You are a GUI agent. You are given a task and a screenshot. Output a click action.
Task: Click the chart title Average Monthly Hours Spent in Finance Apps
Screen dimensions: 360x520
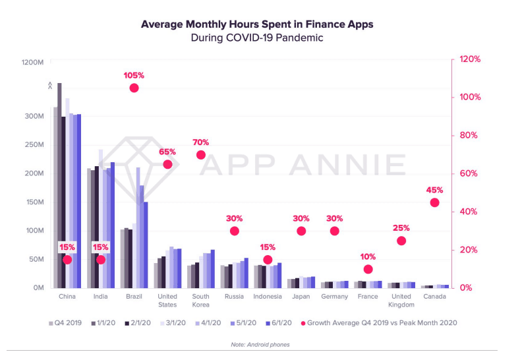click(257, 24)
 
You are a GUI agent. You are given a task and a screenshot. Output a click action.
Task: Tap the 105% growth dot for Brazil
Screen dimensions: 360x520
click(134, 88)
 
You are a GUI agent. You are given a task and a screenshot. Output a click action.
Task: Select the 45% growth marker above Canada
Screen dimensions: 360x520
click(434, 202)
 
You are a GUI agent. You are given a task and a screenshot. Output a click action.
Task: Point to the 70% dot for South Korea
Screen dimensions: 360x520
click(200, 155)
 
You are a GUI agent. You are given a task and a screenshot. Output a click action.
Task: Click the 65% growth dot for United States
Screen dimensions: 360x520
click(167, 164)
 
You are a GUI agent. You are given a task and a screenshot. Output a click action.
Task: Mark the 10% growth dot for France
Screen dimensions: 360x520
click(368, 269)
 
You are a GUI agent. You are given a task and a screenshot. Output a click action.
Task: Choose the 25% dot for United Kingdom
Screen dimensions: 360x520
click(401, 241)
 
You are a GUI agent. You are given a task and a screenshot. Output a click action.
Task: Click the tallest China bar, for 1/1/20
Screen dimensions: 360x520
click(60, 185)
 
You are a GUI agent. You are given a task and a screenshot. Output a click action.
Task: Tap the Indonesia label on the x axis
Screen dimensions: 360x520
click(267, 297)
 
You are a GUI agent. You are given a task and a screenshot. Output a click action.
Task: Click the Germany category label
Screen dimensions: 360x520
click(334, 297)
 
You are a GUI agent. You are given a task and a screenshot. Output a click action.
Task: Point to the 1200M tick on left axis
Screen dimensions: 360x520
click(32, 62)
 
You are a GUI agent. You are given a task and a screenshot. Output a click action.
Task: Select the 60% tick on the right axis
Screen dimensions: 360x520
click(469, 174)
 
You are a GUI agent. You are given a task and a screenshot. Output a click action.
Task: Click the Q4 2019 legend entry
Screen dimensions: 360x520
click(66, 323)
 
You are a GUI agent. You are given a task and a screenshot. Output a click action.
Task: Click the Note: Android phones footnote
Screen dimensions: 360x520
click(260, 345)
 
